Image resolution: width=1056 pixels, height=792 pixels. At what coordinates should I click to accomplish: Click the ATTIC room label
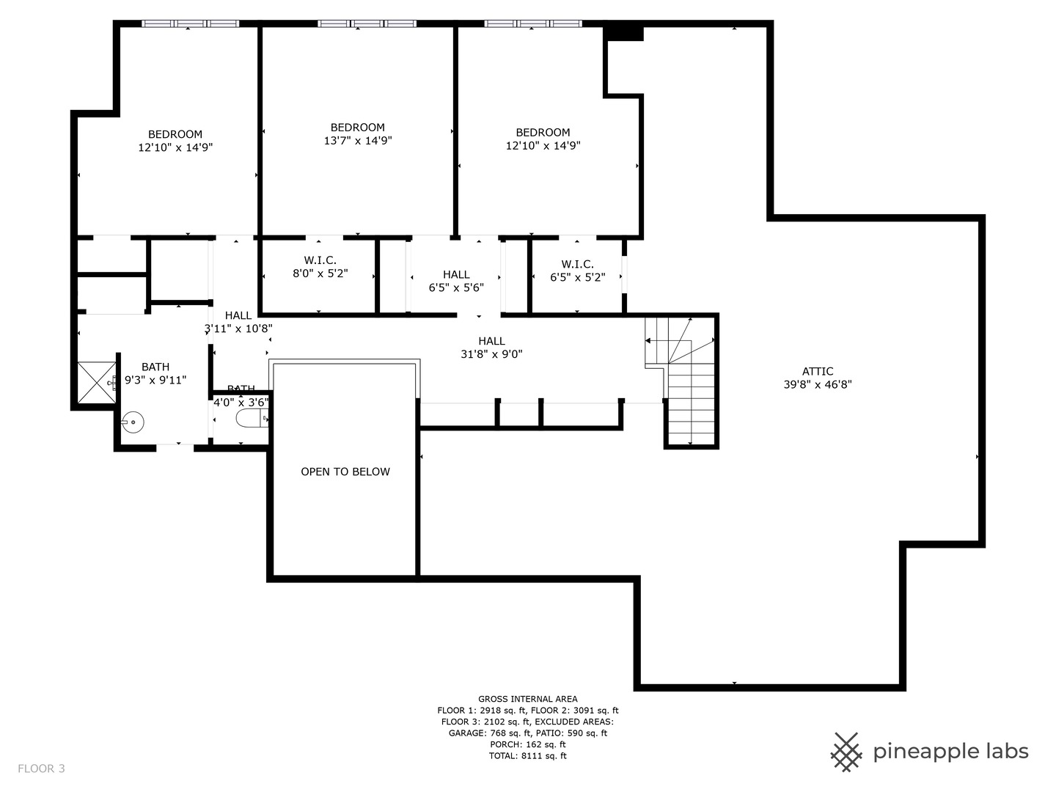(x=817, y=371)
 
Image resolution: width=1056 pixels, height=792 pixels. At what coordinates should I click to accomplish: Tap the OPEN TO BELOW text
(x=345, y=472)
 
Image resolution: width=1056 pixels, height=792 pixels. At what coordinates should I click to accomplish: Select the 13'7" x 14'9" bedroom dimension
(x=358, y=140)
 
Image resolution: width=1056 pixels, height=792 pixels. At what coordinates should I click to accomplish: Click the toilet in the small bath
(x=250, y=419)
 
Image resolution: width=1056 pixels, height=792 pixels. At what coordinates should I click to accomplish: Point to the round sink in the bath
(x=133, y=422)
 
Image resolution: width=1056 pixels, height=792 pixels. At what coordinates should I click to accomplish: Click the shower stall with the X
(x=97, y=382)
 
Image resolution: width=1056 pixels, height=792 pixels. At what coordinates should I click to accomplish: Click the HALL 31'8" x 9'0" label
(x=491, y=347)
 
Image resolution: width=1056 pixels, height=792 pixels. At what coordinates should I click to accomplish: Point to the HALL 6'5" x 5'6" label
(x=456, y=281)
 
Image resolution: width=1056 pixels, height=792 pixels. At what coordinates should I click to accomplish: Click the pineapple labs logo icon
(x=846, y=752)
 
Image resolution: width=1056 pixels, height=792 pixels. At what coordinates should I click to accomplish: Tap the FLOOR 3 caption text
(x=41, y=769)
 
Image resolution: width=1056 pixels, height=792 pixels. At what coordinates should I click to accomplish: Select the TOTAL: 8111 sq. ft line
(x=527, y=755)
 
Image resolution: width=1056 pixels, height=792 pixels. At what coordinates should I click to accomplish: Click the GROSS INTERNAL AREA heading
(x=527, y=699)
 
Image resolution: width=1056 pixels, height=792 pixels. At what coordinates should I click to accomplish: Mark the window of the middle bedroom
(x=367, y=23)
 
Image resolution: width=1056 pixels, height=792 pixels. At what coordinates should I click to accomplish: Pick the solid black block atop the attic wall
(x=623, y=33)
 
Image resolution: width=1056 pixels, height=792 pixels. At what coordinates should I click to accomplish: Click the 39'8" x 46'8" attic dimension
(x=817, y=384)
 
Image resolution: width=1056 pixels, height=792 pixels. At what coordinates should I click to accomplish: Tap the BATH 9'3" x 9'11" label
(x=155, y=373)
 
